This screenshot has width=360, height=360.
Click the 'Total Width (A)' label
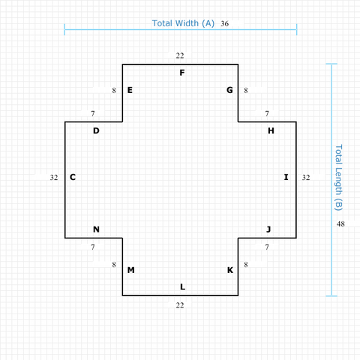[183, 23]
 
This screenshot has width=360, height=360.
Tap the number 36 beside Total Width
[224, 23]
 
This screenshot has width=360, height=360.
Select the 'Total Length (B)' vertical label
[338, 178]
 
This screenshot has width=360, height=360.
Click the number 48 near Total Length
[340, 223]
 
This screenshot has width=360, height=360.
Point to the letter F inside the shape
[182, 73]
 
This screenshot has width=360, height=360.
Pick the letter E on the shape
[130, 90]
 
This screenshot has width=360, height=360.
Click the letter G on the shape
[229, 90]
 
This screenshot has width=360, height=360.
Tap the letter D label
[96, 130]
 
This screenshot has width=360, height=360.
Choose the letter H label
[271, 130]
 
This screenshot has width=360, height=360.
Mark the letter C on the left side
[73, 177]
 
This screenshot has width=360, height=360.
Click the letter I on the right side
[286, 177]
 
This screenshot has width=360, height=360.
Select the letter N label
[96, 229]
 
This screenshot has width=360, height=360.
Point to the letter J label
[268, 229]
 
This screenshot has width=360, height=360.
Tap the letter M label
[131, 270]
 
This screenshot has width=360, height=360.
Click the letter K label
[230, 270]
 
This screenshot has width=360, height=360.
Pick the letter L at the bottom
[183, 286]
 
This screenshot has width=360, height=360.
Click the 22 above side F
[180, 55]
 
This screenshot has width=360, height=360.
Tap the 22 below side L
[180, 305]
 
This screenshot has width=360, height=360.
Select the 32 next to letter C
[54, 178]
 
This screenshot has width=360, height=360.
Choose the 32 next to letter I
[306, 178]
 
